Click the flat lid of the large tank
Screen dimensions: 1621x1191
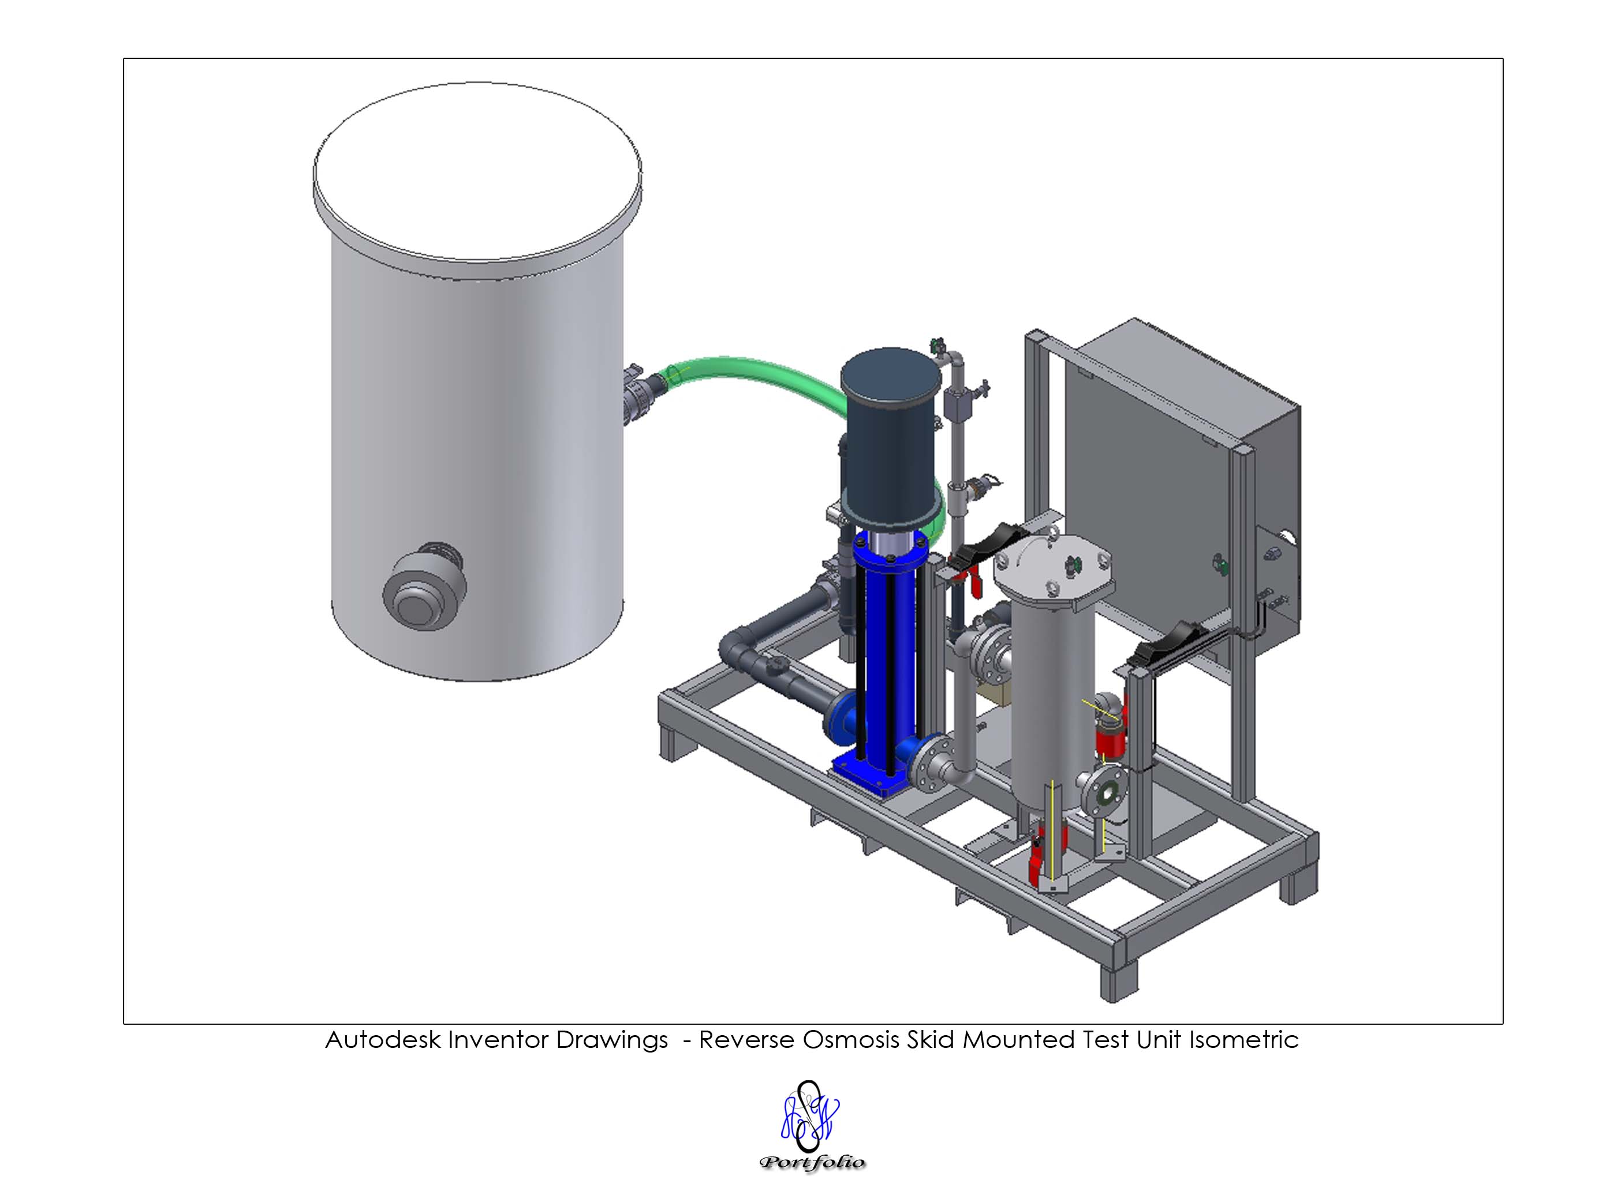pos(477,171)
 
